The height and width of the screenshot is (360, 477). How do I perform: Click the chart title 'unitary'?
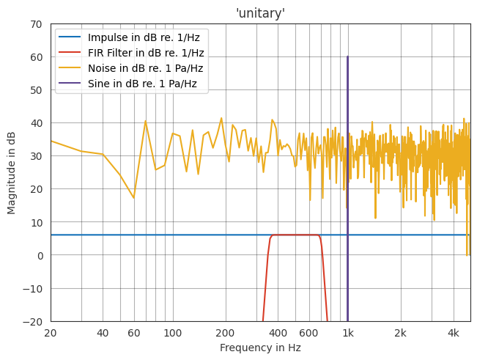(x=260, y=13)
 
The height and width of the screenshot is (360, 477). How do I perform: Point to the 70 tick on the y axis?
(x=35, y=24)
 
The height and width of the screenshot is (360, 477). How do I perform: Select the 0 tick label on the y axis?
(x=38, y=255)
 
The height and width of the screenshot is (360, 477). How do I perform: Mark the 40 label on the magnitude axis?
(x=35, y=123)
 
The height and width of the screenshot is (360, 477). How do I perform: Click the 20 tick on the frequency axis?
(x=51, y=333)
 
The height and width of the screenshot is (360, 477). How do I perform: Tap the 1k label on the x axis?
(x=348, y=333)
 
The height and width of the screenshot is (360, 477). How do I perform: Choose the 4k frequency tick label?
(x=454, y=333)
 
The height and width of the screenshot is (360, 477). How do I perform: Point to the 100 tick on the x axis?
(x=173, y=333)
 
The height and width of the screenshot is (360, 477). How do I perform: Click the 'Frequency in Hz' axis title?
(x=260, y=348)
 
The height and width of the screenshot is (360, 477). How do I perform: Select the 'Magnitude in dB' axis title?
(x=12, y=172)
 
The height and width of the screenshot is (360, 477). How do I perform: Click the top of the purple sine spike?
(x=347, y=57)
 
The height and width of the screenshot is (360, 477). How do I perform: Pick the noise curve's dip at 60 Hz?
(x=133, y=198)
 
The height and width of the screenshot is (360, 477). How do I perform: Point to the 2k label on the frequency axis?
(x=401, y=333)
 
